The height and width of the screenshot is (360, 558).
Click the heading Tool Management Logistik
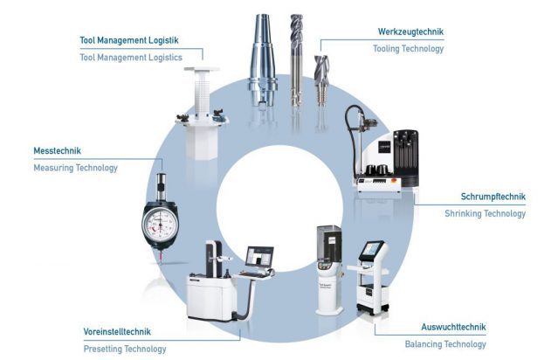click(129, 40)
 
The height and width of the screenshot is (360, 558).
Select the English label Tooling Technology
click(408, 49)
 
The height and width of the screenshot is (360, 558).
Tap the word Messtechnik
click(58, 151)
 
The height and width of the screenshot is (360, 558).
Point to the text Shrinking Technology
click(485, 214)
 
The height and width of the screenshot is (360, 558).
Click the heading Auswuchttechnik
click(453, 327)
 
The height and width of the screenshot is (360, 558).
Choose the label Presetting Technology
click(125, 349)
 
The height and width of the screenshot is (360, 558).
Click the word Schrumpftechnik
click(493, 197)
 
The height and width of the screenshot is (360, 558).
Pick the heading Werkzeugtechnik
click(410, 31)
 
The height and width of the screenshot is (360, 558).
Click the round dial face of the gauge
click(160, 224)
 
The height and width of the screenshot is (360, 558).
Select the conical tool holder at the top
click(262, 59)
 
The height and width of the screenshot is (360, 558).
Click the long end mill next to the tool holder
click(296, 59)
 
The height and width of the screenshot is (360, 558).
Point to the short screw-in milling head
click(321, 80)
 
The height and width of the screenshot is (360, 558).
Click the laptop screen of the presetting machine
click(259, 256)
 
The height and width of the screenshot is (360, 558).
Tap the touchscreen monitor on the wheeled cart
click(371, 249)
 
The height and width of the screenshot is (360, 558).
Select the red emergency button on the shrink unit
click(394, 181)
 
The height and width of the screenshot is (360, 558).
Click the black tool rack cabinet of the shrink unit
click(406, 158)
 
